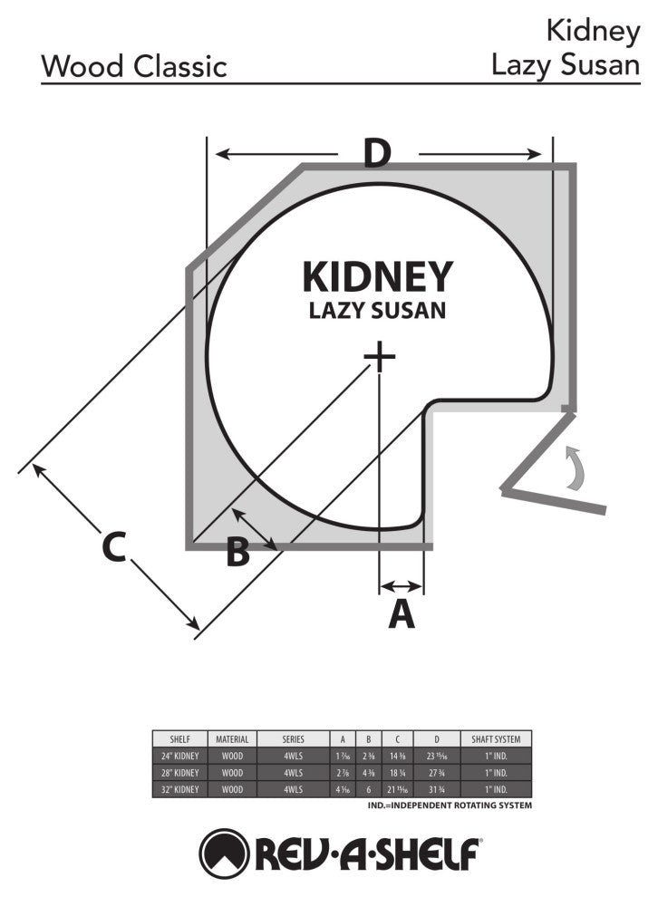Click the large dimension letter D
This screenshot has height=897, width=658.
[376, 155]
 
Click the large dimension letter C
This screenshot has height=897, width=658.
[112, 547]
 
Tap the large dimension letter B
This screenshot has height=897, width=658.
[237, 552]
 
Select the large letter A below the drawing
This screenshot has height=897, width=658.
[402, 614]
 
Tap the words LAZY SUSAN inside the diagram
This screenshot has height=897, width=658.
[377, 310]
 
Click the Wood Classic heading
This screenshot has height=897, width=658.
[134, 66]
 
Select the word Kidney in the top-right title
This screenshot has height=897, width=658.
[593, 31]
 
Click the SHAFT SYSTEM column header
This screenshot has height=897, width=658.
[496, 738]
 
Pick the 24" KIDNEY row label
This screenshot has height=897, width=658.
[179, 756]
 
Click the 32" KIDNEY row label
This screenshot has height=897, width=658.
[179, 789]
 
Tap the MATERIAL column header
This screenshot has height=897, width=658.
[232, 738]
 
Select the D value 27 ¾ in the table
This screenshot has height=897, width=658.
[437, 773]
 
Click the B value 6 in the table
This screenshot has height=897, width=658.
[368, 789]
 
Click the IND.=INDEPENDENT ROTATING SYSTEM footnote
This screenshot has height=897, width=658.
[450, 805]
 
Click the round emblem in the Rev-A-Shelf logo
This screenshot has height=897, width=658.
[225, 851]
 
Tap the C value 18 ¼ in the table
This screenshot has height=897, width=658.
[398, 773]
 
